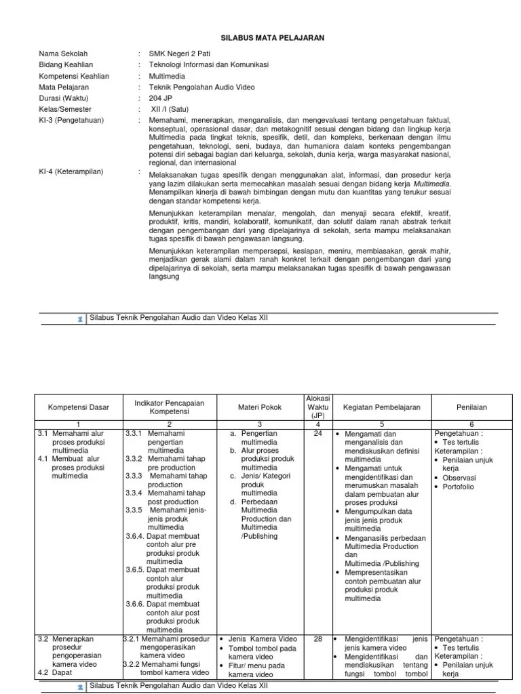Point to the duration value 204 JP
[162, 98]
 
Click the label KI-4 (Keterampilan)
[71, 171]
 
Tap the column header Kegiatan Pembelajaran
[382, 407]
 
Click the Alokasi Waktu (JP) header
[318, 407]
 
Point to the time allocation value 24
[317, 433]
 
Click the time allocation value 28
[317, 638]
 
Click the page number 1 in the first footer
[79, 319]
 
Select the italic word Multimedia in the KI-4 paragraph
[432, 183]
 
